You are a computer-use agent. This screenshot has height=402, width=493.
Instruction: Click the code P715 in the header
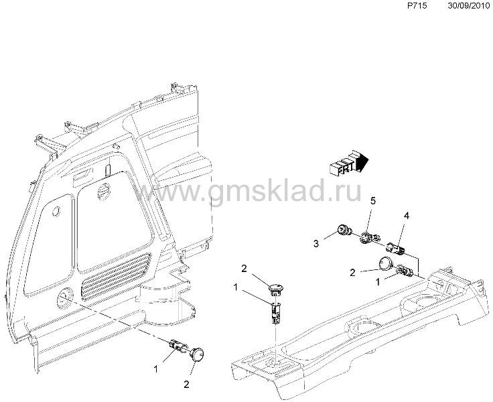[x=417, y=6]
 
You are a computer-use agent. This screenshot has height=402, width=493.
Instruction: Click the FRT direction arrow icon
[x=348, y=161]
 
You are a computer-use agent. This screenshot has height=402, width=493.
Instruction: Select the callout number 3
[x=316, y=243]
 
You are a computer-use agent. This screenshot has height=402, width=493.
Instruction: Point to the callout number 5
[x=373, y=201]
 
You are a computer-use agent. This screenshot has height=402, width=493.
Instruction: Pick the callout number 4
[x=407, y=216]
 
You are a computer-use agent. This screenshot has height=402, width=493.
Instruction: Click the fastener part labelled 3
[x=344, y=230]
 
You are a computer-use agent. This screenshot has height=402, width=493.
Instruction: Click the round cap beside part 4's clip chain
[x=385, y=263]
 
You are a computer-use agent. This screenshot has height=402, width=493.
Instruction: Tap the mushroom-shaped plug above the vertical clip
[x=277, y=289]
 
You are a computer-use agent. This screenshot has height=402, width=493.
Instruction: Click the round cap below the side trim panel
[x=197, y=354]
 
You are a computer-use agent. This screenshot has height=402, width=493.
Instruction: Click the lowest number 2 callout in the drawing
[x=186, y=385]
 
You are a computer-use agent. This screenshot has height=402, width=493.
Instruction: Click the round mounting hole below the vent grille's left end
[x=65, y=298]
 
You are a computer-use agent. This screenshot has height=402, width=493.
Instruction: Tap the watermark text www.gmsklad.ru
[x=246, y=190]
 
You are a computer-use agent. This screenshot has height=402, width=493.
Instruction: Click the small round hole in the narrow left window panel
[x=56, y=211]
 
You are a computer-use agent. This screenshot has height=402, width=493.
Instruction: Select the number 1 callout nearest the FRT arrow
[x=378, y=282]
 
